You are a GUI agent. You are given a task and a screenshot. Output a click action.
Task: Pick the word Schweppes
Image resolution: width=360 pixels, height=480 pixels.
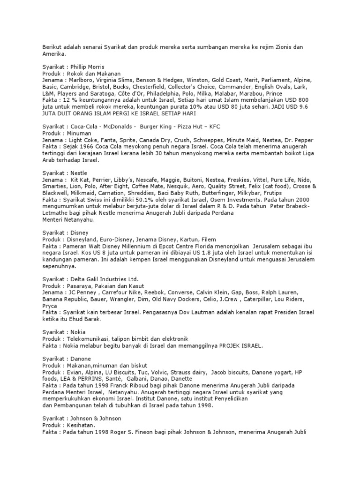coord(200,140)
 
